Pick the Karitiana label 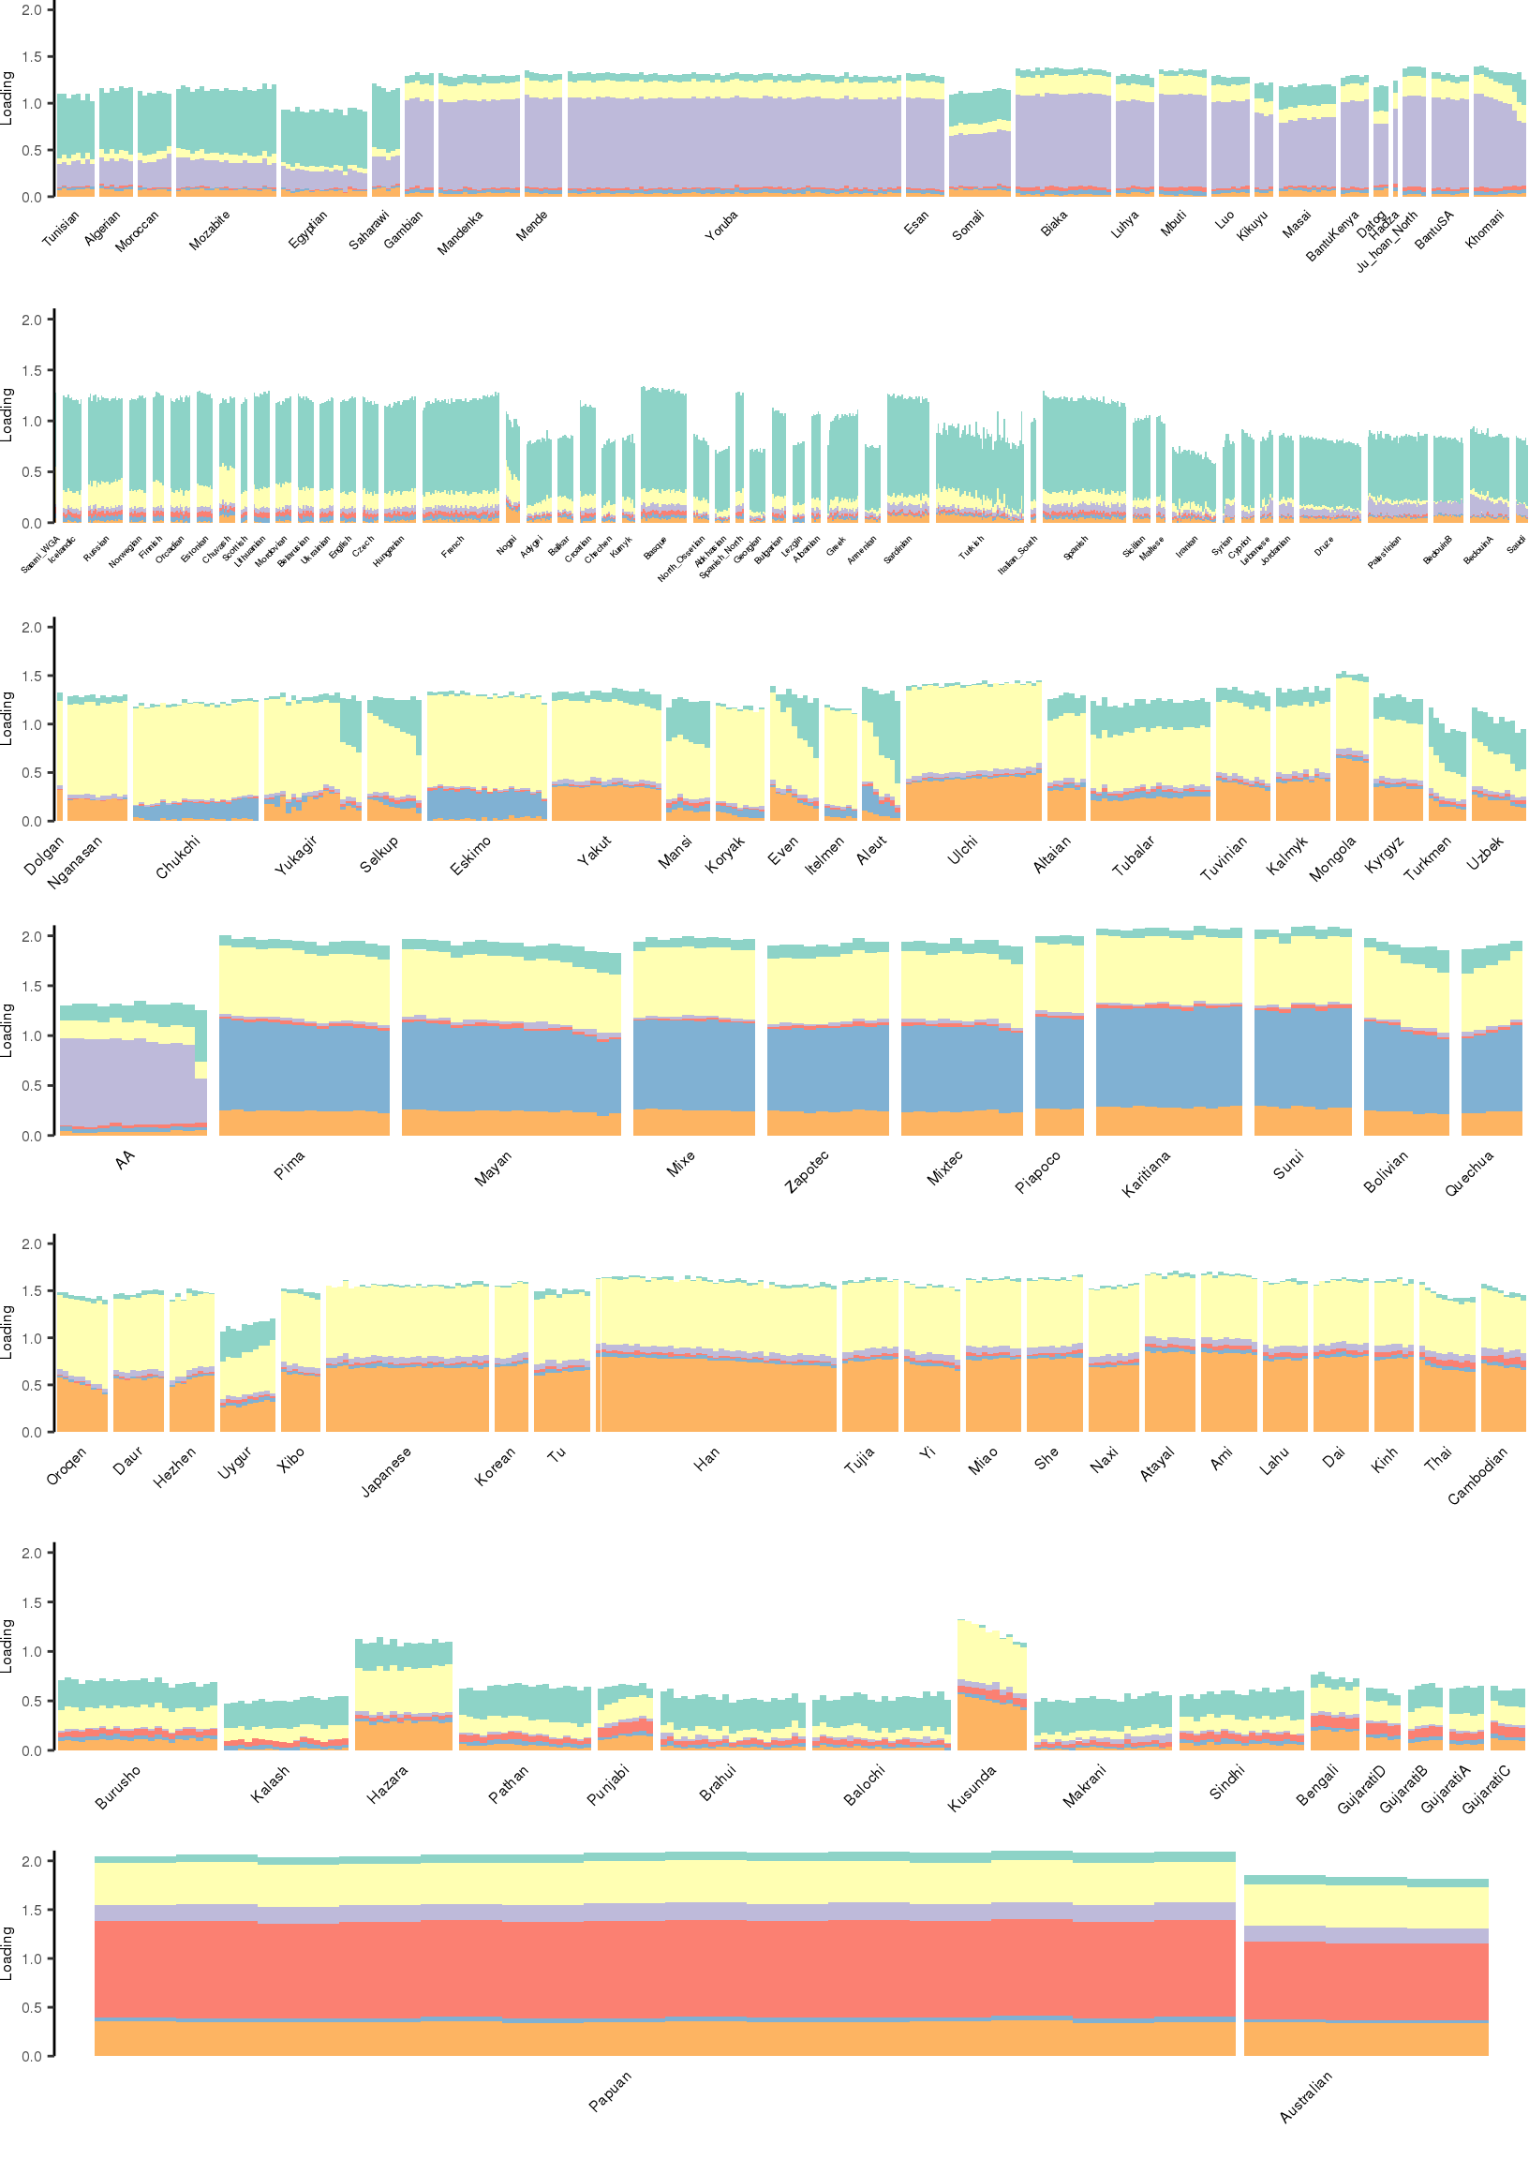(x=1145, y=1173)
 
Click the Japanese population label (x=386, y=1471)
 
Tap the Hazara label (x=387, y=1783)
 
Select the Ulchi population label (x=962, y=849)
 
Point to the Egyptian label (x=308, y=229)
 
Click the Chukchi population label (x=178, y=856)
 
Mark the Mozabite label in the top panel (x=209, y=230)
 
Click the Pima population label (x=289, y=1165)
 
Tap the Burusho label (x=118, y=1786)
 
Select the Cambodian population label (x=1477, y=1475)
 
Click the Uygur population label (x=234, y=1462)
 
